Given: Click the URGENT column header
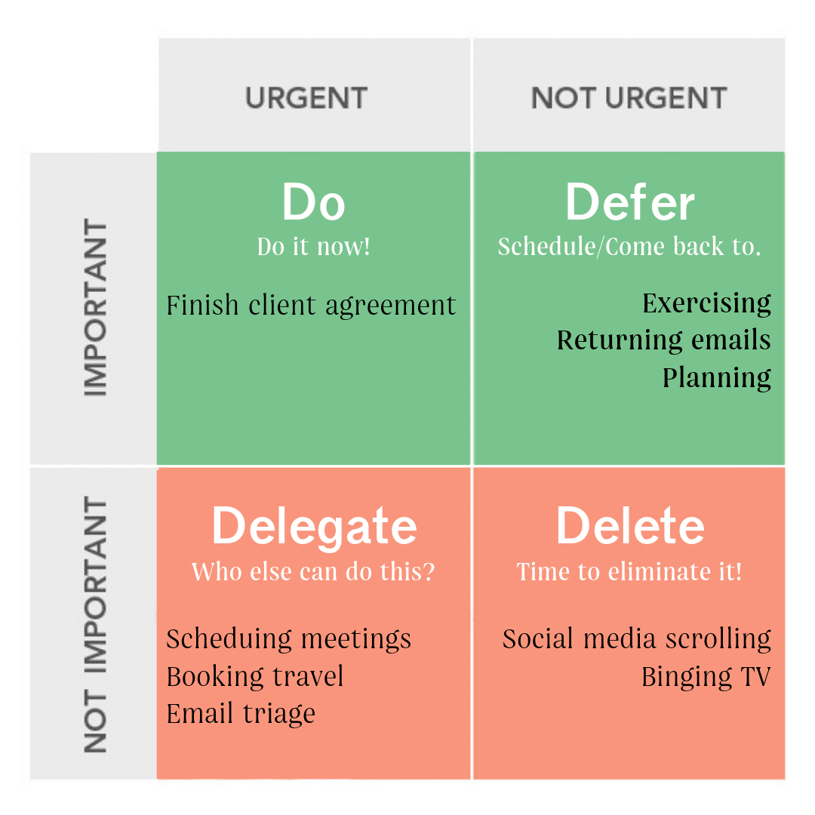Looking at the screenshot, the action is [306, 97].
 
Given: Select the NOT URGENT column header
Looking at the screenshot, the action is [629, 97].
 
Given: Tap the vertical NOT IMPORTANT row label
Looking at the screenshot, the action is [95, 624].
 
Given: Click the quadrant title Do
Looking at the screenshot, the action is [313, 202].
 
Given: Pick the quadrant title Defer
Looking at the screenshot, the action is [629, 202].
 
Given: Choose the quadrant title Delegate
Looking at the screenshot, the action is [314, 527].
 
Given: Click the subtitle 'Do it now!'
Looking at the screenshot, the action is [313, 246].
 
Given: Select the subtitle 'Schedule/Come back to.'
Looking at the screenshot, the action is [629, 246].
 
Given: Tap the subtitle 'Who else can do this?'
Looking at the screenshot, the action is [313, 571].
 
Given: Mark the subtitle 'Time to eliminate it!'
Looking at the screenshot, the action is [629, 571].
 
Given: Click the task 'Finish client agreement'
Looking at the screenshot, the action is [311, 306].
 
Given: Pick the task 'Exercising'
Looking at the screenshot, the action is [706, 303].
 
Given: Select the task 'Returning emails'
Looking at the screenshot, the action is [664, 340].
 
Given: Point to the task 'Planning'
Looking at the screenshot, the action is [717, 378].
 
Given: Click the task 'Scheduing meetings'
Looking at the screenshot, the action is [288, 639].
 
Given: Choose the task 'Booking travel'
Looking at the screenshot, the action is [255, 676].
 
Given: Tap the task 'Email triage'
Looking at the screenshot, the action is [241, 714].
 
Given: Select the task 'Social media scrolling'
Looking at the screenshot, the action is [637, 639].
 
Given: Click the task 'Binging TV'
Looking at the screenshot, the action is [706, 677].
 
